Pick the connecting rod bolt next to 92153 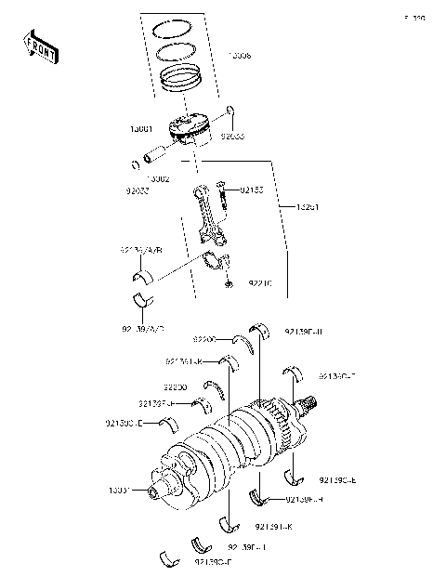click(224, 195)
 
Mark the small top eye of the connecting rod click(201, 191)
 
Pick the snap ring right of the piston click(231, 118)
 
